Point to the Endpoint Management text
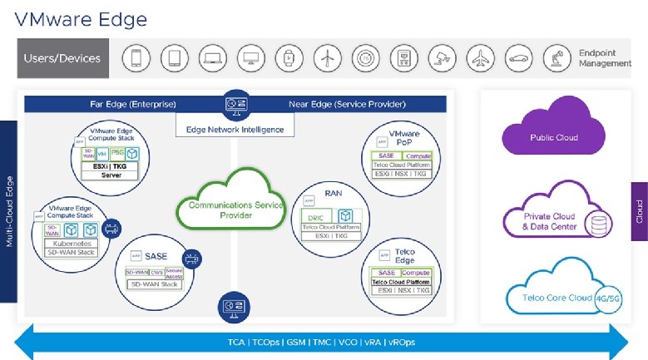pos(604,58)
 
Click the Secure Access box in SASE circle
pos(174,273)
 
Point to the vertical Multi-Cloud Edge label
pos(7,211)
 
